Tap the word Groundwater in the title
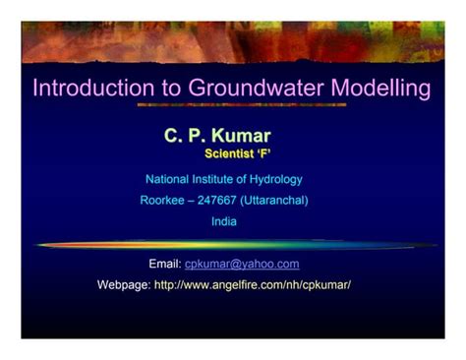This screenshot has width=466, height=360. tap(247, 89)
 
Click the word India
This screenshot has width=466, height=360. tap(224, 222)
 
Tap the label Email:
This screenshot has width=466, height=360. tap(164, 264)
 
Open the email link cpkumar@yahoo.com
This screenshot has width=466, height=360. tap(242, 264)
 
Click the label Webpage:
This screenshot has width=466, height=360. tap(124, 284)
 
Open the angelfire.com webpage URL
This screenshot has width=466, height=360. tap(253, 284)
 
